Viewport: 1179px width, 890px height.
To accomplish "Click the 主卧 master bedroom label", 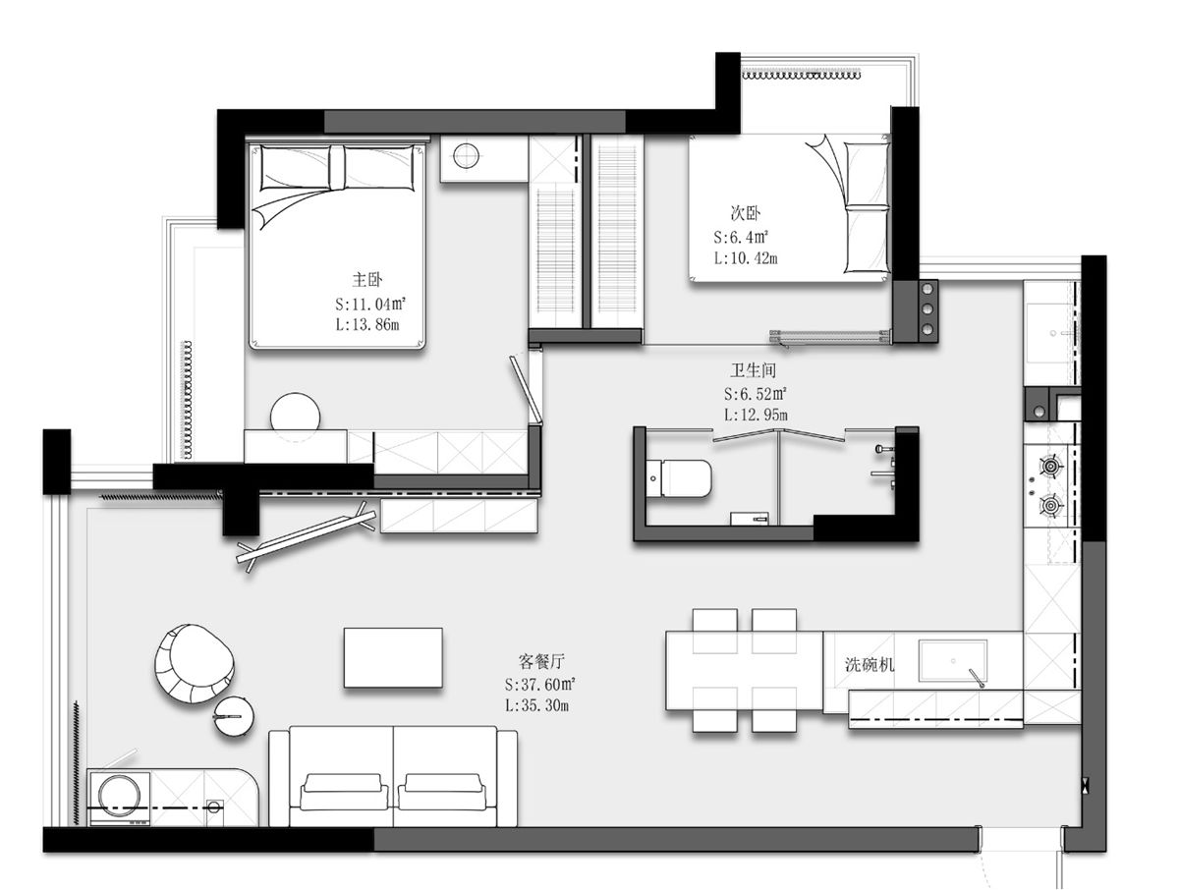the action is point(366,280).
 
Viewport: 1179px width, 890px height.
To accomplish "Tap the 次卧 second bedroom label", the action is point(745,213).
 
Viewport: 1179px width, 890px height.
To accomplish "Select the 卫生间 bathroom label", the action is point(753,370).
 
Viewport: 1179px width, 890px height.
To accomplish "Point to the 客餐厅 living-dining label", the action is point(541,661).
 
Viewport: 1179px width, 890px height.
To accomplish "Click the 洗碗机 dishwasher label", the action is point(870,664).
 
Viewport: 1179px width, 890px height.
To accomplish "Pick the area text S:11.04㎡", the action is point(370,304).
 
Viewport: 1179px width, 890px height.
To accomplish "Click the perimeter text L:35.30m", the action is point(536,704).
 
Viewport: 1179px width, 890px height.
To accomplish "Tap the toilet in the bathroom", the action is point(680,477).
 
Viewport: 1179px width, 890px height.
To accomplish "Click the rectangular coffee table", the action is point(393,657).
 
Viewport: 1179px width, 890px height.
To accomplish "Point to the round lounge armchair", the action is point(194,663).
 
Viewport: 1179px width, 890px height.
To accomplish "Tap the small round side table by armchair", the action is point(234,716).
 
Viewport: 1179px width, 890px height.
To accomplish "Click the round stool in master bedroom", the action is point(295,416).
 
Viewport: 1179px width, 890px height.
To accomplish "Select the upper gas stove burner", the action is point(1051,466).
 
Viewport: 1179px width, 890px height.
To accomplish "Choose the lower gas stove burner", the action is point(1051,505).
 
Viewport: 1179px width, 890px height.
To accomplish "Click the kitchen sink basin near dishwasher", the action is point(952,661).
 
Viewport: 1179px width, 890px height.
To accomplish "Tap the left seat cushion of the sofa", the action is point(344,791).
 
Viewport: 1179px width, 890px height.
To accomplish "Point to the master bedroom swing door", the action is point(526,390).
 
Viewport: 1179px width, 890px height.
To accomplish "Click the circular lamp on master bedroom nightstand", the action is point(466,155).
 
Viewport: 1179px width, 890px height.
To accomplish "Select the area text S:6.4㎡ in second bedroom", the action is point(741,237).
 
